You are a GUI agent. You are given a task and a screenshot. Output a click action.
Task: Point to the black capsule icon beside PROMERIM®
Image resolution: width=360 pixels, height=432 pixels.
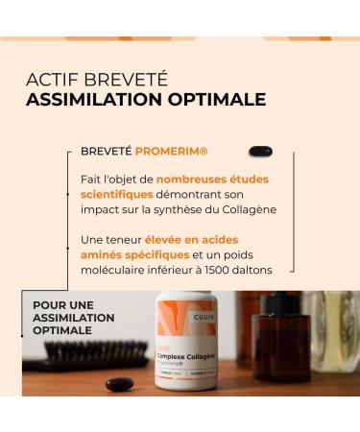pyautogui.click(x=259, y=151)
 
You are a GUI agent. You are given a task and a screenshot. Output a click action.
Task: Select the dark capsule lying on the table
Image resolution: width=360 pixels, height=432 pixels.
pyautogui.click(x=118, y=384)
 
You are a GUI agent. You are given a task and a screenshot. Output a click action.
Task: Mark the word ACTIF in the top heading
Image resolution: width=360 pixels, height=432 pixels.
pyautogui.click(x=48, y=78)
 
